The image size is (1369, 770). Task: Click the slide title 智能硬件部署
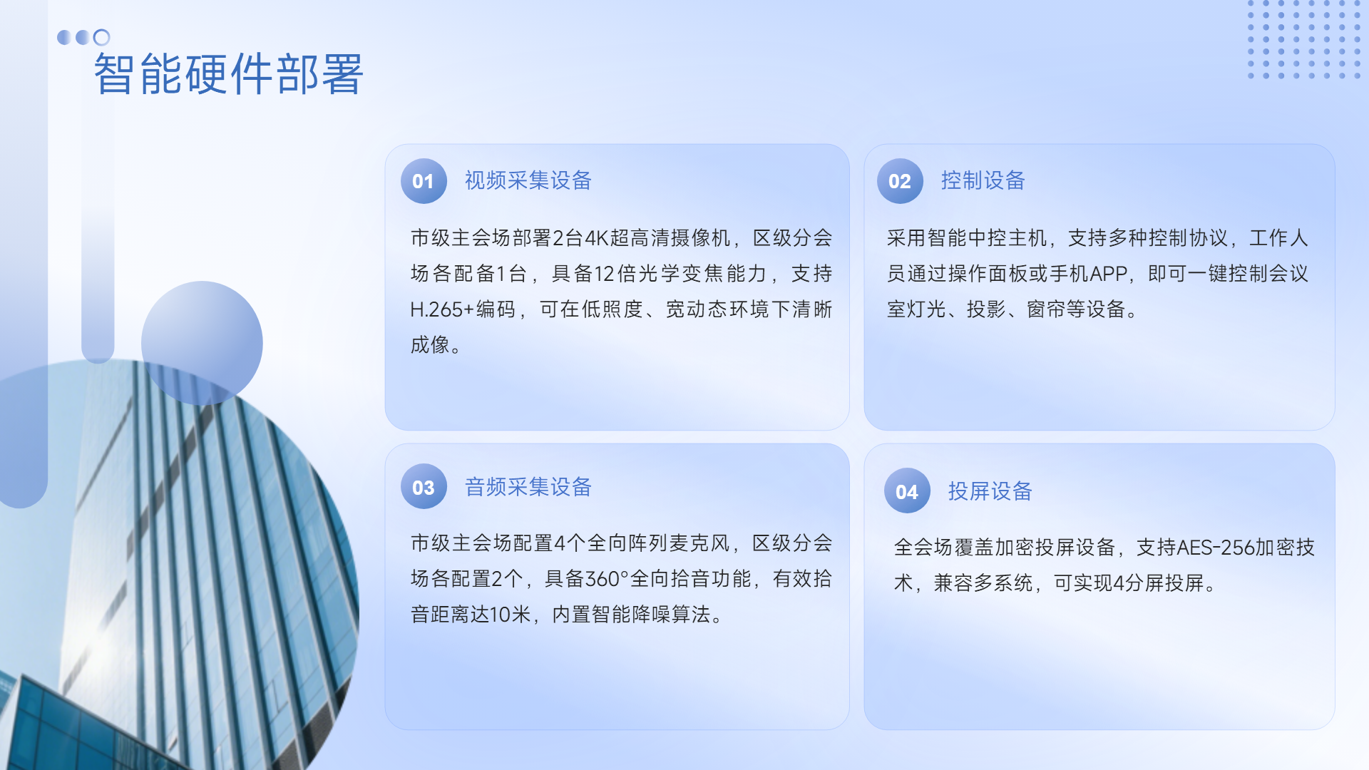pos(229,74)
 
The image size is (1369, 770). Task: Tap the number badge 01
pos(424,181)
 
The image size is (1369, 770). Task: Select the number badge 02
pos(900,181)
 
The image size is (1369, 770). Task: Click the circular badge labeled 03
pos(424,487)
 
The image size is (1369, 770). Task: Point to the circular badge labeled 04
pos(907,491)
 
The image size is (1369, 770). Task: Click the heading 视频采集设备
pos(528,180)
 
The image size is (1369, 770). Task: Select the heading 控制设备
pos(983,180)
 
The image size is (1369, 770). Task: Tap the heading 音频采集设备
pos(528,487)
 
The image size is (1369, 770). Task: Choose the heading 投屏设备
pos(990,491)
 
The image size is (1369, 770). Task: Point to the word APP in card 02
pos(1109,274)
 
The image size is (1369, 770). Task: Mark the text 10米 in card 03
pos(510,615)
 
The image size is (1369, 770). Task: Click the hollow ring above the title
pos(102,37)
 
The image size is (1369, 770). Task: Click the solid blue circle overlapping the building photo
pos(202,343)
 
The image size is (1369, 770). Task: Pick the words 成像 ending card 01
pos(430,345)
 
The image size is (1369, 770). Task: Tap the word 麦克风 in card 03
pos(700,543)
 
